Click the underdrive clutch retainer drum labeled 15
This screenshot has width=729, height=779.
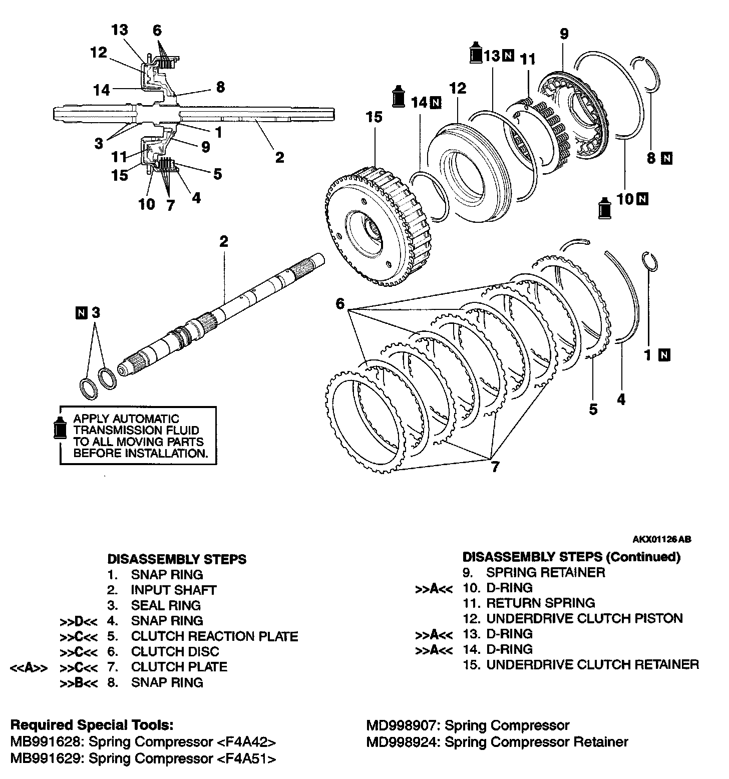[x=373, y=225]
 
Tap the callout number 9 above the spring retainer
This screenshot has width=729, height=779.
[x=564, y=35]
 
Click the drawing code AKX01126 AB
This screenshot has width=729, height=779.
[x=662, y=539]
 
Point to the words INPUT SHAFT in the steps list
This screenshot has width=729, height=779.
[x=173, y=590]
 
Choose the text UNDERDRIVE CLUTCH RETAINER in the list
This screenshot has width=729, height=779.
[x=592, y=665]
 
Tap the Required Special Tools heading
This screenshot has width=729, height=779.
[x=92, y=725]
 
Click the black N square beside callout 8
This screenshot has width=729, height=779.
[x=666, y=159]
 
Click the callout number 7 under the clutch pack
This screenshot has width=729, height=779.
[x=495, y=467]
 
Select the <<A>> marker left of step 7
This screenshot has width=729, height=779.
[x=29, y=667]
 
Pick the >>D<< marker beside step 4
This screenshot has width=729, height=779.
[x=79, y=621]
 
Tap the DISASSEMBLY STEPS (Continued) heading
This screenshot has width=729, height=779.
[x=571, y=557]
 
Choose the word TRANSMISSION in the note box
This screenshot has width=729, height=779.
[x=136, y=430]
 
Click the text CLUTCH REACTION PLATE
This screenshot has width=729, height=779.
[x=214, y=636]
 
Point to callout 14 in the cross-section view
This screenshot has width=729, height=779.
[x=101, y=90]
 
